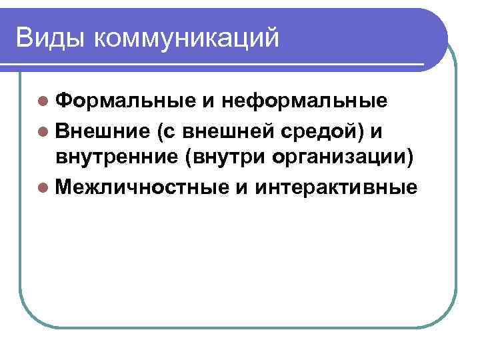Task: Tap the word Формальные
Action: point(125,102)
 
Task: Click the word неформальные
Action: point(303,102)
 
